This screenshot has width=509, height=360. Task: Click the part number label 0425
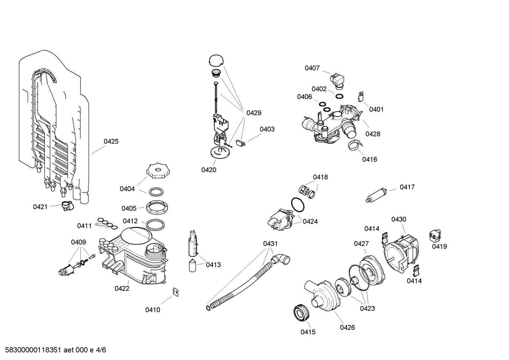pos(111,141)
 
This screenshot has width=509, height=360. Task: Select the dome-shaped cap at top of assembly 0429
pos(216,60)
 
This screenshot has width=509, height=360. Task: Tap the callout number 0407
pos(312,68)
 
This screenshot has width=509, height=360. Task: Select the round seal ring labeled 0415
pos(301,313)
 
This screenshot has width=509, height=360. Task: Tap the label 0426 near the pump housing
pos(347,327)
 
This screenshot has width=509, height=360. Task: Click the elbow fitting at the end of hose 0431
pos(282,260)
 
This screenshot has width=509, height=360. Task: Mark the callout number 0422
pos(122,288)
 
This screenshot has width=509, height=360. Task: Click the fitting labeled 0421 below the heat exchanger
pos(66,206)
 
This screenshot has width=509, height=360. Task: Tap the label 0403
pos(267,129)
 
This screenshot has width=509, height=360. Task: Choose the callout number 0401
pos(376,109)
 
